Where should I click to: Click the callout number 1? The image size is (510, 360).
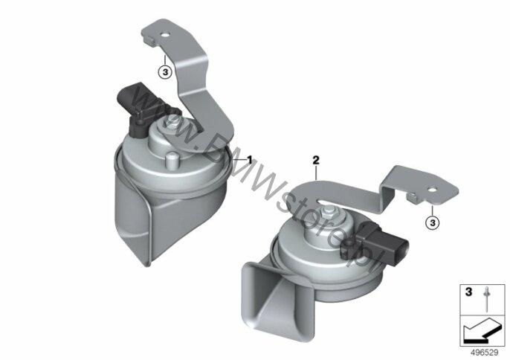[250, 160]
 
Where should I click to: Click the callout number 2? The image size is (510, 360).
[316, 160]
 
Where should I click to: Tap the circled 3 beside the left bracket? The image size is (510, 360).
[165, 72]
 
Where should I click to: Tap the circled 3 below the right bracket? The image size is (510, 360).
[433, 223]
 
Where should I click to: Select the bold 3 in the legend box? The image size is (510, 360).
[468, 292]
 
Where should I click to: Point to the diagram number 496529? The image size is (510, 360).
[485, 352]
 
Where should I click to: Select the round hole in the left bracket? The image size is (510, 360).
[165, 35]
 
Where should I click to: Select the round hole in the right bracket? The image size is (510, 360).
[433, 190]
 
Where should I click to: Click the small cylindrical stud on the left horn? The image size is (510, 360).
[172, 161]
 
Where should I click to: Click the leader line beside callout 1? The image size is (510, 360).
[239, 161]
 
